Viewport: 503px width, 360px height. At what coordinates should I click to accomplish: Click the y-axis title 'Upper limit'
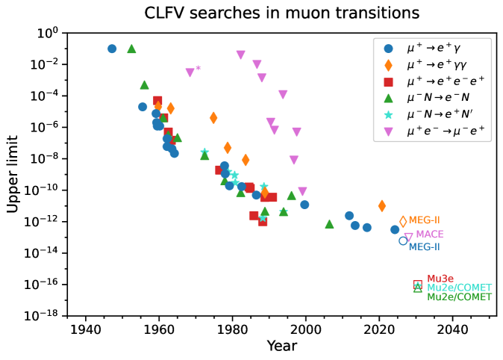(13, 174)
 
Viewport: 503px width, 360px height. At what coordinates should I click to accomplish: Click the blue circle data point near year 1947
(112, 49)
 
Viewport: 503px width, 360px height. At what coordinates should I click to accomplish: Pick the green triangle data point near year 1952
(131, 49)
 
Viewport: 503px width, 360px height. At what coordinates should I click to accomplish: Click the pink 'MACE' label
(429, 235)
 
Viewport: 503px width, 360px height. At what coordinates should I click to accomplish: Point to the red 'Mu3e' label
(440, 279)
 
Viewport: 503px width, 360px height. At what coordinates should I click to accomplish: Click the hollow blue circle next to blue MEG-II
(403, 240)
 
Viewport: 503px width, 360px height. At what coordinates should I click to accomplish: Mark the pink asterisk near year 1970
(198, 69)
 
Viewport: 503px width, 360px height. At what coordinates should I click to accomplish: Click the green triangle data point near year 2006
(329, 224)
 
